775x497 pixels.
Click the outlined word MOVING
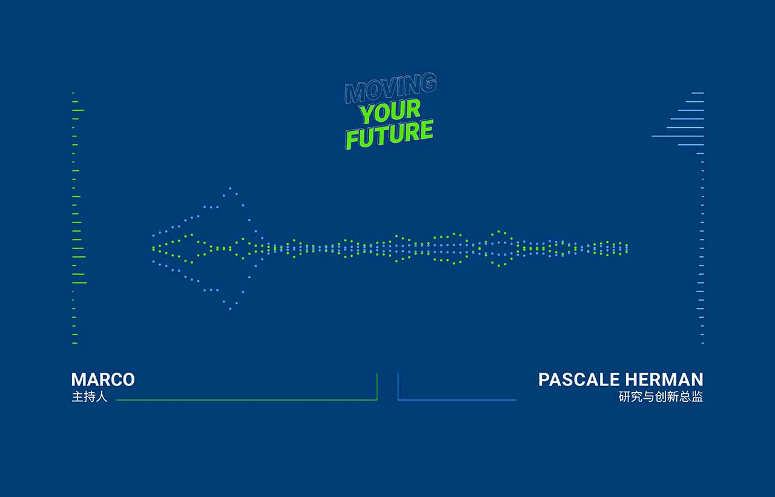pyautogui.click(x=391, y=88)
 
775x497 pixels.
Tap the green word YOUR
pyautogui.click(x=390, y=111)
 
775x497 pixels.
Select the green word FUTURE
pyautogui.click(x=389, y=135)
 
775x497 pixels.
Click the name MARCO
pyautogui.click(x=103, y=379)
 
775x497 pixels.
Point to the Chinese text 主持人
pyautogui.click(x=90, y=396)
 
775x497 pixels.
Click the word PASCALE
pyautogui.click(x=579, y=379)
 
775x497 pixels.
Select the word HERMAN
pyautogui.click(x=664, y=379)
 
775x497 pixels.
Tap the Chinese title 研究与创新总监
pyautogui.click(x=661, y=396)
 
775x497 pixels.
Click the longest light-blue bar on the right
pyautogui.click(x=678, y=136)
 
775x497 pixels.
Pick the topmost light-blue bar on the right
pyautogui.click(x=697, y=93)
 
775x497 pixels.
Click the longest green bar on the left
pyautogui.click(x=79, y=282)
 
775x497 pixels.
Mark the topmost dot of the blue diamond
pyautogui.click(x=230, y=188)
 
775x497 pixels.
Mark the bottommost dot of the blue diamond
pyautogui.click(x=230, y=309)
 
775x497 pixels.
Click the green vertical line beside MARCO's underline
pyautogui.click(x=377, y=387)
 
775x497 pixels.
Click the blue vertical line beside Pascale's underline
pyautogui.click(x=398, y=387)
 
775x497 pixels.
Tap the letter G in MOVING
pyautogui.click(x=430, y=82)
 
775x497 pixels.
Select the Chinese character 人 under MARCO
pyautogui.click(x=102, y=396)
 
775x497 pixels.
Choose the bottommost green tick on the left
pyautogui.click(x=74, y=343)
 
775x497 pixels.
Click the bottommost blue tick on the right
pyautogui.click(x=703, y=343)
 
